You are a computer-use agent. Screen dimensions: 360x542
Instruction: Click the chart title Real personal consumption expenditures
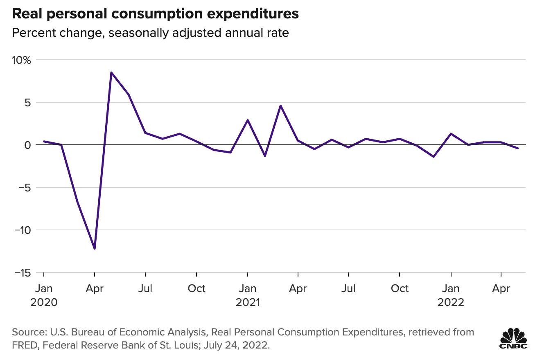point(156,14)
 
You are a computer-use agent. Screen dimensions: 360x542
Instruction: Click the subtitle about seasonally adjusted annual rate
point(150,33)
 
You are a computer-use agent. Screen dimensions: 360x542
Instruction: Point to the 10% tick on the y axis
point(21,60)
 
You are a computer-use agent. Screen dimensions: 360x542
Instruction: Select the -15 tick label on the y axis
point(21,272)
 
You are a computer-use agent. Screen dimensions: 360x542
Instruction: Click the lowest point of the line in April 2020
point(95,248)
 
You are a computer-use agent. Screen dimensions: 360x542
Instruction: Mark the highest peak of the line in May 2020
point(111,72)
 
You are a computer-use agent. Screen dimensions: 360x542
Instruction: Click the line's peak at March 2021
point(281,106)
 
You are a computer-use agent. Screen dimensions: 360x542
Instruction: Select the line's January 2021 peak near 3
point(248,120)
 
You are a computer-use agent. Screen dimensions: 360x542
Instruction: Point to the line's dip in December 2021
point(434,157)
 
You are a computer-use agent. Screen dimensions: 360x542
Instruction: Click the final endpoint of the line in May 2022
point(518,148)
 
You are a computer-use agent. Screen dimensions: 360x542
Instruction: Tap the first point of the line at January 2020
point(44,141)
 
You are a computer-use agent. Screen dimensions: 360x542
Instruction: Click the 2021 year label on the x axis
point(247,302)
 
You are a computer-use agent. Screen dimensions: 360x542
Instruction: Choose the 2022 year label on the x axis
point(451,302)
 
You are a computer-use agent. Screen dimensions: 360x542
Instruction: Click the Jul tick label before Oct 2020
point(145,289)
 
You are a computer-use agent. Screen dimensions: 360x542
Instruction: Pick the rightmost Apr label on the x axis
point(501,289)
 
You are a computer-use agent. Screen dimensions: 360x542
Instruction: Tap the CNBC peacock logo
point(513,338)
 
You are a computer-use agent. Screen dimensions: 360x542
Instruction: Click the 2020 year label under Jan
point(44,302)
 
